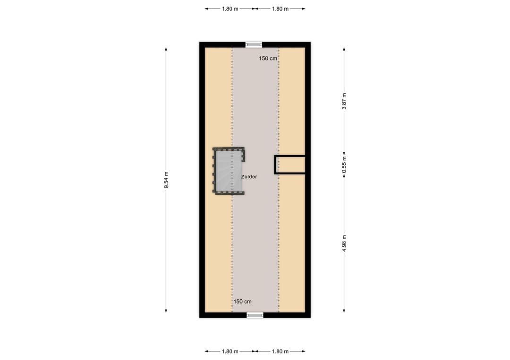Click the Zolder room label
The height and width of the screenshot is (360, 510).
[x=249, y=176]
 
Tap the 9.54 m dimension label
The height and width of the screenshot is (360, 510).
[x=166, y=180]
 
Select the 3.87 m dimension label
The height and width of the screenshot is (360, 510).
[x=344, y=101]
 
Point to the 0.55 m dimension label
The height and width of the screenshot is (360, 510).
[x=344, y=164]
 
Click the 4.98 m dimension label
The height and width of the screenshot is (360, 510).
[x=344, y=243]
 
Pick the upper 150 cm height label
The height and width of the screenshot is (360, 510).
[x=268, y=59]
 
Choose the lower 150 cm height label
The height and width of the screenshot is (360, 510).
[x=242, y=301]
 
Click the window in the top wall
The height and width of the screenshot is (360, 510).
[x=254, y=45]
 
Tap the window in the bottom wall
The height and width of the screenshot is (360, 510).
[x=255, y=315]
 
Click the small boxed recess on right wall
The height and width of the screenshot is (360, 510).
[x=290, y=165]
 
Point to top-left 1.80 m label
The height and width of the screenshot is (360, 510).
[x=230, y=8]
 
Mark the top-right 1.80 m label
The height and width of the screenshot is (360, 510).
[x=280, y=8]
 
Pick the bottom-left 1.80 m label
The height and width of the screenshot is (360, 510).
[x=230, y=351]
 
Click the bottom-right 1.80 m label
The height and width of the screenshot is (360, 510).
[x=280, y=351]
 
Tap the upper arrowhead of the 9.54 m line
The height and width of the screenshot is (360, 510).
[x=166, y=49]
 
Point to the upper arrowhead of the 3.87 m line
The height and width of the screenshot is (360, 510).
[x=344, y=49]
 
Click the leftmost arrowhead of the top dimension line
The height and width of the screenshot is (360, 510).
[x=206, y=8]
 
